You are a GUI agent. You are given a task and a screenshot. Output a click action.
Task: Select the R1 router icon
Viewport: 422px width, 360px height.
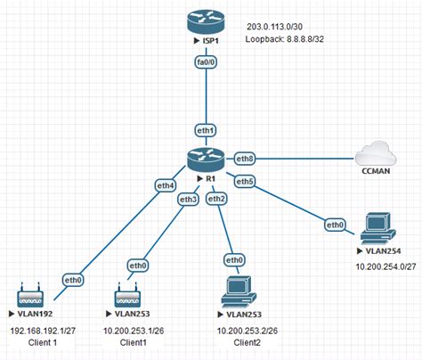[x=207, y=160]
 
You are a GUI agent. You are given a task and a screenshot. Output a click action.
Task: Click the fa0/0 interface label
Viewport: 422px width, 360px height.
[x=207, y=62]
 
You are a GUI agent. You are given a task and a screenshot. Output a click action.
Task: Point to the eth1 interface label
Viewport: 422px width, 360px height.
[x=207, y=131]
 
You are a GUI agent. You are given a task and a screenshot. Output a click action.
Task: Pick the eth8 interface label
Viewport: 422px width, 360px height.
[x=246, y=159]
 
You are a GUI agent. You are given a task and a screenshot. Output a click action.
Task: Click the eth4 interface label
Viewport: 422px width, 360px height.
[x=166, y=185]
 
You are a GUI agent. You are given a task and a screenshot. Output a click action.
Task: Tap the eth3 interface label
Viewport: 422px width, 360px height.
[x=187, y=199]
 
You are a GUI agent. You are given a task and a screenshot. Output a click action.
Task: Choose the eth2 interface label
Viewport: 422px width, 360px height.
[x=215, y=198]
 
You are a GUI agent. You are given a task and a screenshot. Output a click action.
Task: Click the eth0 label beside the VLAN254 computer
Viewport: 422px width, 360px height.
[x=336, y=225]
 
